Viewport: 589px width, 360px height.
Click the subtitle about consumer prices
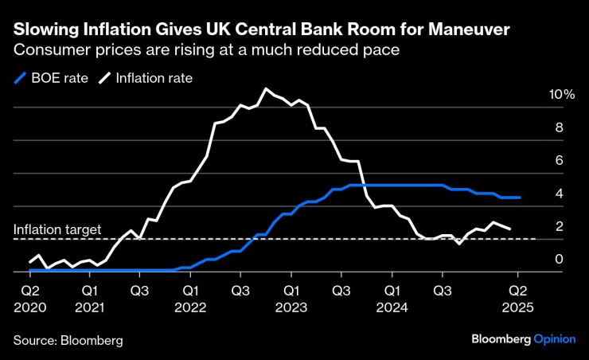pyautogui.click(x=205, y=49)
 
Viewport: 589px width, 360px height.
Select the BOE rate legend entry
pyautogui.click(x=48, y=78)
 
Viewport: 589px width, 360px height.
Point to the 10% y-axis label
pyautogui.click(x=561, y=95)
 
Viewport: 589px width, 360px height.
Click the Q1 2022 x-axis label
pyautogui.click(x=190, y=299)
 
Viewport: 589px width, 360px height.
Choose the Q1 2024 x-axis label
pyautogui.click(x=392, y=299)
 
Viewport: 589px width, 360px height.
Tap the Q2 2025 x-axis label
pyautogui.click(x=517, y=299)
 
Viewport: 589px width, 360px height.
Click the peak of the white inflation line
pyautogui.click(x=266, y=88)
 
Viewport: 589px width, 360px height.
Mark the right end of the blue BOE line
pyautogui.click(x=520, y=198)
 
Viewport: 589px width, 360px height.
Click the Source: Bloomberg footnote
pyautogui.click(x=68, y=340)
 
